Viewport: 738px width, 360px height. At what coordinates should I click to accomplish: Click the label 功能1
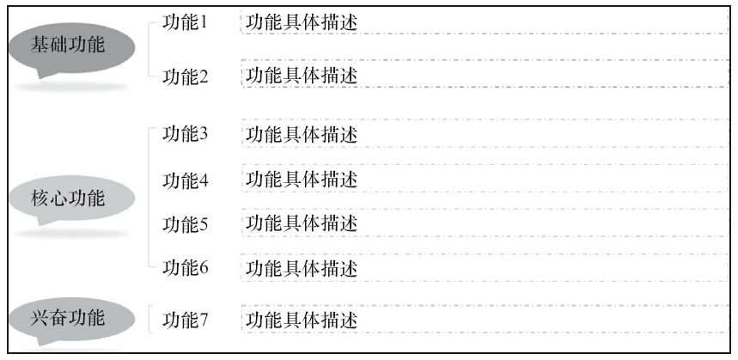coord(186,21)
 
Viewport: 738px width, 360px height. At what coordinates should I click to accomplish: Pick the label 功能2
coord(186,76)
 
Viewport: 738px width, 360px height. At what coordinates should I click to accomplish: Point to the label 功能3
coord(186,134)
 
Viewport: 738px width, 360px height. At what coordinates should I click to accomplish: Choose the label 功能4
coord(186,180)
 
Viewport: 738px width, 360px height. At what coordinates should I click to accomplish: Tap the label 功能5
coord(186,224)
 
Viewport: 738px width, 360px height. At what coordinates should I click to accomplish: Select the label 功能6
coord(186,267)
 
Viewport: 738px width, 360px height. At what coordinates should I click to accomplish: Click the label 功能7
coord(186,320)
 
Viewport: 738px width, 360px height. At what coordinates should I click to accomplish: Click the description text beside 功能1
coord(302,22)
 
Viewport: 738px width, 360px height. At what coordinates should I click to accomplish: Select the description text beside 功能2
coord(302,76)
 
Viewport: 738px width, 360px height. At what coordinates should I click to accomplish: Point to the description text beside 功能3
coord(302,134)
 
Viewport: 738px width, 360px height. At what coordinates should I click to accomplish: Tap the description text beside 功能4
coord(302,180)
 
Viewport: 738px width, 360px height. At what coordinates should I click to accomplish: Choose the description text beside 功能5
coord(302,224)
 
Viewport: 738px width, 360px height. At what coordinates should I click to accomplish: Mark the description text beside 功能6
coord(302,268)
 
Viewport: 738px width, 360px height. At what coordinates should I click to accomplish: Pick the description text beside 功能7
coord(302,320)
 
